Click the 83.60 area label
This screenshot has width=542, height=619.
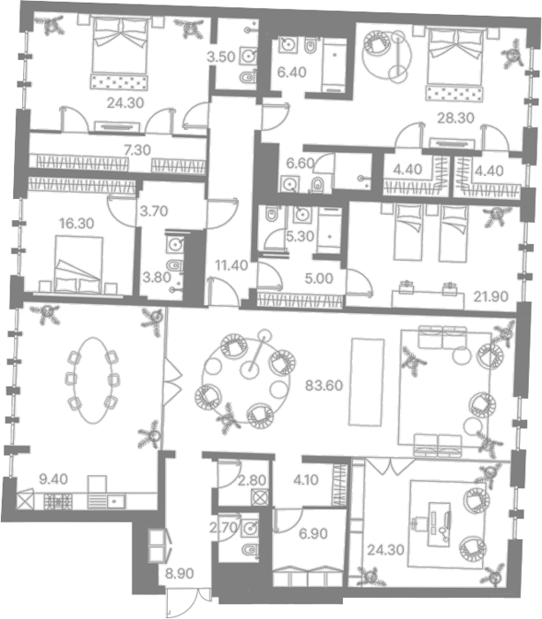(324, 386)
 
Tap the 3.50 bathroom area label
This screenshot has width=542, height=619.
(221, 57)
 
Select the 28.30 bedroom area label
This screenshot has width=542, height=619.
(455, 118)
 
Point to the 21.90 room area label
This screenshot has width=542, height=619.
(491, 296)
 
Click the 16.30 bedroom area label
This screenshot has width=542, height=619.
(77, 224)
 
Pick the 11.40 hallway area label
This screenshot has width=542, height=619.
(232, 265)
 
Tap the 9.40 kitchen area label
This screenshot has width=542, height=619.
(54, 479)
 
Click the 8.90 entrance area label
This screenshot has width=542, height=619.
(179, 573)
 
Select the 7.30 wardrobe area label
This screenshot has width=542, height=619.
(137, 150)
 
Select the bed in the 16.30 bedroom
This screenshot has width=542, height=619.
(78, 264)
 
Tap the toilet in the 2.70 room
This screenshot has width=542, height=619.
(249, 549)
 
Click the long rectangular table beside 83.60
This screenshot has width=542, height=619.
(366, 382)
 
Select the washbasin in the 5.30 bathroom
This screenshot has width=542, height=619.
(302, 215)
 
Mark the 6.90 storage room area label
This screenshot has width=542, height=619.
(313, 534)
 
